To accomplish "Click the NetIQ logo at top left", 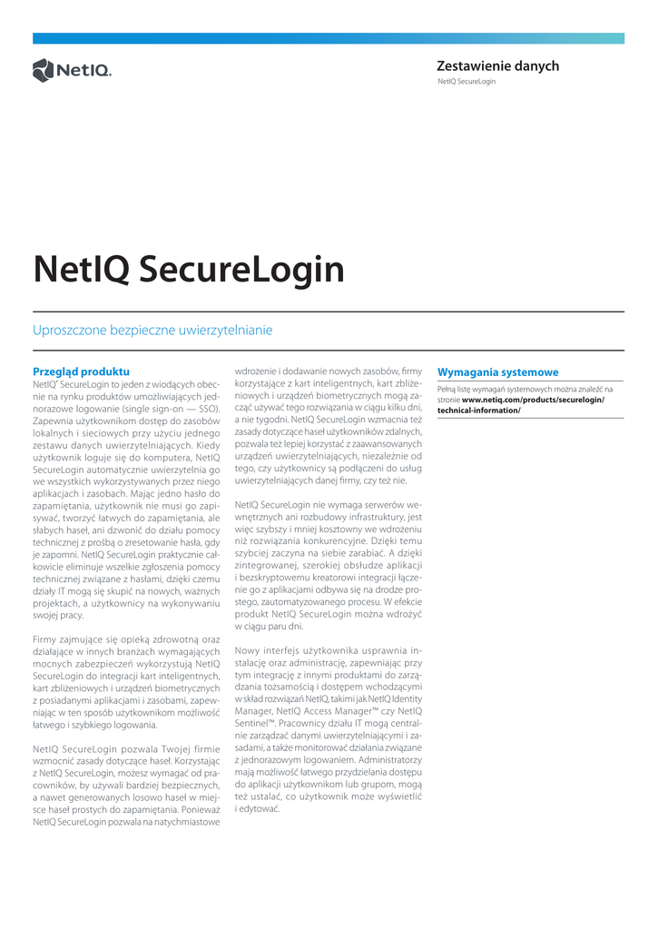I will point(72,70).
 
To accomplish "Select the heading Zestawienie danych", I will point(497,66).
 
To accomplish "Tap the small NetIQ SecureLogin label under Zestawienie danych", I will point(466,82).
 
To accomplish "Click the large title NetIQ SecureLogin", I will point(189,269).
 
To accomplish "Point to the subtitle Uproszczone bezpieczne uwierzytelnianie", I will point(152,331).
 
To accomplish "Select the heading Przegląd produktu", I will point(81,371).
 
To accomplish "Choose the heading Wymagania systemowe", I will point(497,372).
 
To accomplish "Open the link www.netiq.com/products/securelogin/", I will point(533,400).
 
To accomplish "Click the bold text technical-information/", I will point(479,411).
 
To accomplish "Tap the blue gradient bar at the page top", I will point(329,38).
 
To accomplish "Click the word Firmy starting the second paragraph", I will point(47,639).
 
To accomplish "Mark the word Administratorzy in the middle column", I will point(390,758).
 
